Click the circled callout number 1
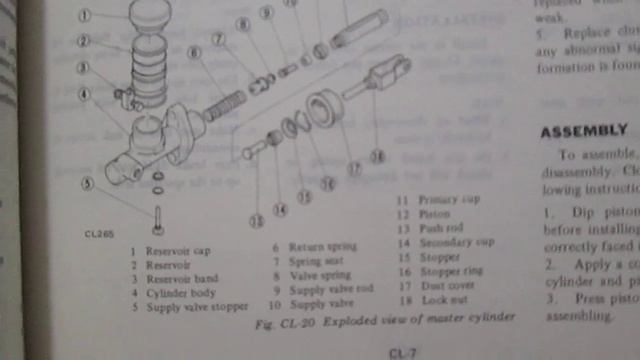[85, 15]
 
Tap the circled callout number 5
[88, 183]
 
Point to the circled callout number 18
[377, 156]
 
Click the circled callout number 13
[257, 220]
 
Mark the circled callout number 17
[354, 169]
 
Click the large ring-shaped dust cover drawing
[325, 109]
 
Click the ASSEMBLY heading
[584, 131]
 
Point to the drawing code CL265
[99, 235]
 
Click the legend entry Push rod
[440, 227]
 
